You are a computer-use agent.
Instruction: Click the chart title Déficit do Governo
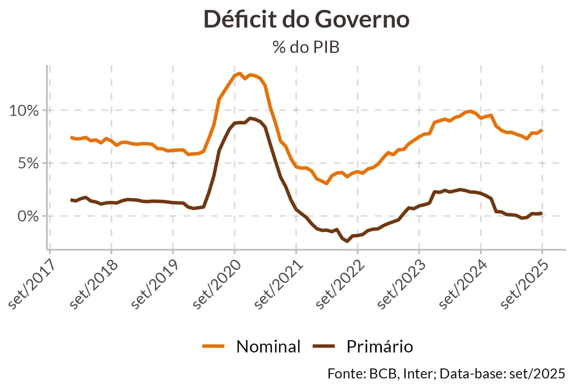(306, 20)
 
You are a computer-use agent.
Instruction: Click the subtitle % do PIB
(306, 47)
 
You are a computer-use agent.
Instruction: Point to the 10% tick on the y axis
(24, 110)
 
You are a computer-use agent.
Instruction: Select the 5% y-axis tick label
(28, 163)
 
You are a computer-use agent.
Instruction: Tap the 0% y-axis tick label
(28, 216)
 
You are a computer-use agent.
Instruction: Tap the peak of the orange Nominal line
(239, 73)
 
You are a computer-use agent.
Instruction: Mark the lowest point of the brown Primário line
(348, 241)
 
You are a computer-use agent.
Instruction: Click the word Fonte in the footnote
(344, 373)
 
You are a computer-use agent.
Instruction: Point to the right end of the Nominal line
(542, 130)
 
